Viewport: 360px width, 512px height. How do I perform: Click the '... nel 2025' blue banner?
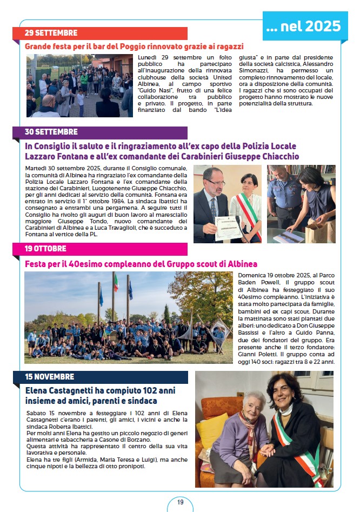tap(305, 25)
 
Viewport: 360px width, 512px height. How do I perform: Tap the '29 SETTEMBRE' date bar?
tap(100, 33)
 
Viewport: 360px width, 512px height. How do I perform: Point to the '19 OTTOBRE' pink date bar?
tap(100, 249)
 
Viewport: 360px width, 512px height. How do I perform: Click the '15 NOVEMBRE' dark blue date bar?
tap(100, 377)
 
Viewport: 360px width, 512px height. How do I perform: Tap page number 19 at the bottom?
tap(180, 502)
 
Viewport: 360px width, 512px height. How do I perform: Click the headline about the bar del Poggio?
tap(134, 46)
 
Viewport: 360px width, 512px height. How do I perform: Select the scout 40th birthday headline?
tap(141, 264)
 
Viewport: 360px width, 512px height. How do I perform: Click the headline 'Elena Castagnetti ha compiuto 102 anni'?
tap(92, 390)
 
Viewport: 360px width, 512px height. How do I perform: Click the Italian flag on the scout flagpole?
tap(115, 283)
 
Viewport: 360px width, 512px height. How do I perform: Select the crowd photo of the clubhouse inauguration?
tap(79, 85)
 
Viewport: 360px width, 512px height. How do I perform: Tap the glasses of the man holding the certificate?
tap(214, 183)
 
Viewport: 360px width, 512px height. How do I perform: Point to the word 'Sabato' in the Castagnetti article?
tap(36, 413)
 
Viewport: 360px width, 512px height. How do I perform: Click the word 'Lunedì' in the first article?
tap(149, 57)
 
